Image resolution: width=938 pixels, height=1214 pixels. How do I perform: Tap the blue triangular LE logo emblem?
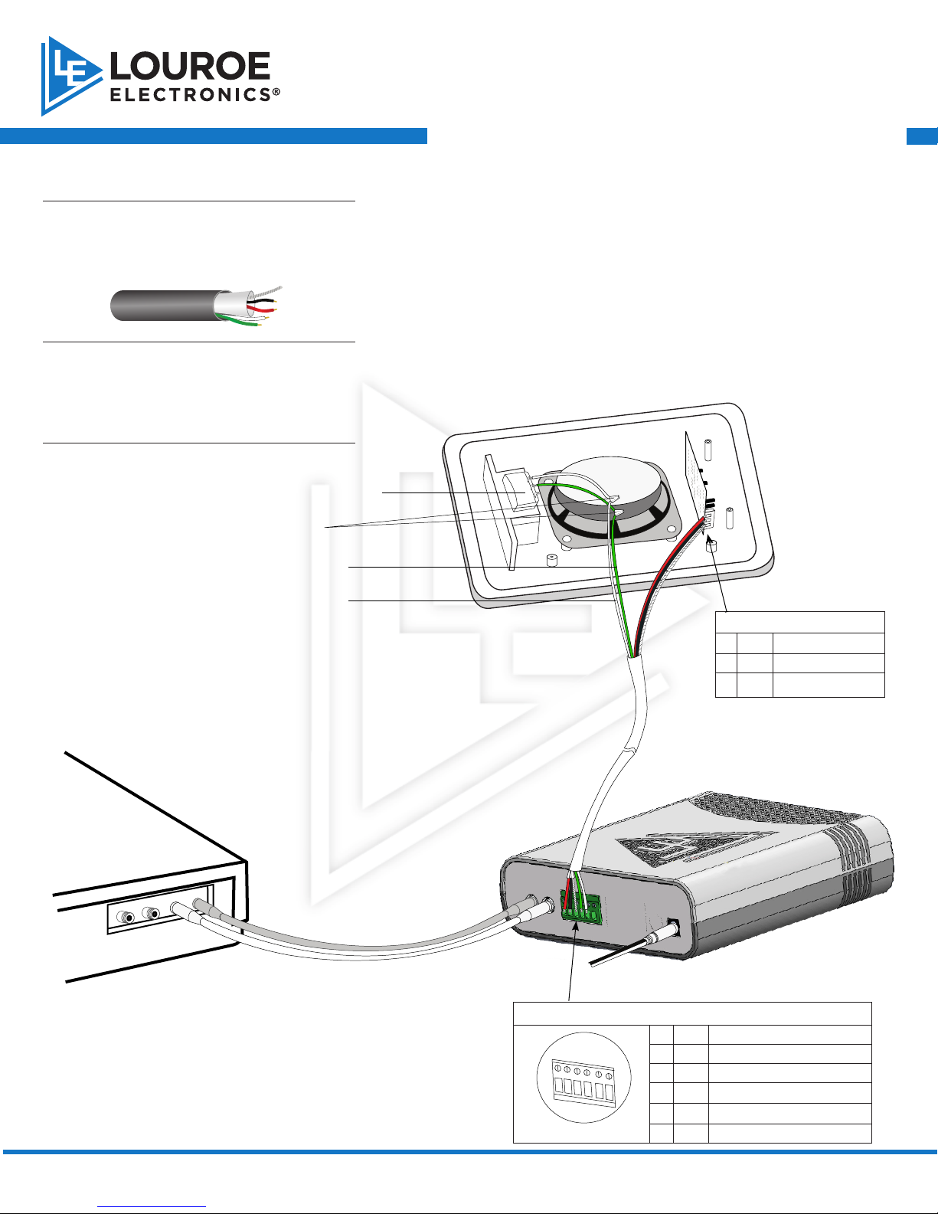[x=68, y=76]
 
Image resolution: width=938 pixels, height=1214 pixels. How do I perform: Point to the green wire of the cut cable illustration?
[x=240, y=321]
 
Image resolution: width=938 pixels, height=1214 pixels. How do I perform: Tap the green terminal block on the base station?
[x=581, y=908]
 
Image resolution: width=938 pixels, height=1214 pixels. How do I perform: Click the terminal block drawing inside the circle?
[x=583, y=1083]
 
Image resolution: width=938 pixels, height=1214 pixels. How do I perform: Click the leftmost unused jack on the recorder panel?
[x=125, y=917]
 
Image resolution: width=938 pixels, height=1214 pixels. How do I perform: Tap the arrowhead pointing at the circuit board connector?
[x=710, y=540]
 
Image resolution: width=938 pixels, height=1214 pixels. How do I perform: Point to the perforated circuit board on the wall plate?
[x=696, y=479]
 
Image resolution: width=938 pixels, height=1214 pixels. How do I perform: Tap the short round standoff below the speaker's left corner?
[x=552, y=561]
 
